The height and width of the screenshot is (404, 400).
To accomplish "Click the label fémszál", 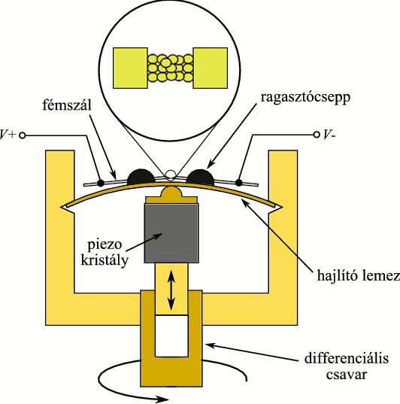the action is tap(67, 105).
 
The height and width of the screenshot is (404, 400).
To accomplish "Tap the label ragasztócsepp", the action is tap(305, 98).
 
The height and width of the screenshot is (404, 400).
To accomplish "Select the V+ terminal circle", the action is tap(23, 135).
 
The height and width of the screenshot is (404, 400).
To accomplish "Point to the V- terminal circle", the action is tap(317, 135).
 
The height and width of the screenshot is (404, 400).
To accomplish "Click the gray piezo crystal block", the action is tap(171, 233).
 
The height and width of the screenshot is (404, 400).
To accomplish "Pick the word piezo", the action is tap(105, 245).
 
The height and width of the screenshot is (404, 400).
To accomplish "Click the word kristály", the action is tap(105, 260).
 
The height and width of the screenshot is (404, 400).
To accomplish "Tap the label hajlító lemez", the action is tap(359, 275).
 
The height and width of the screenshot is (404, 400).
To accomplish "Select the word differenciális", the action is tap(347, 358).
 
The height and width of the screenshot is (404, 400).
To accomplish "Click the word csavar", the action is tap(347, 374).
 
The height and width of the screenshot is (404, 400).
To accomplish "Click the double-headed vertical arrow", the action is tap(171, 291).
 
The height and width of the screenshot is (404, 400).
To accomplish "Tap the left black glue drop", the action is tap(141, 177).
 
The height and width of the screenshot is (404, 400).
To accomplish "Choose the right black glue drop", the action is tap(200, 177).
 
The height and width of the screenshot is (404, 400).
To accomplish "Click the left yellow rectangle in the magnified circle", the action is tap(130, 68).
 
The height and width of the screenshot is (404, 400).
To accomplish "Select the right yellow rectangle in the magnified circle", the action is tap(211, 68).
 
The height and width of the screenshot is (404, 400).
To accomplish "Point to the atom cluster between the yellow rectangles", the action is tap(170, 68).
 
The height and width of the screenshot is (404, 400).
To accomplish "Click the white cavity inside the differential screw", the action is tap(171, 336).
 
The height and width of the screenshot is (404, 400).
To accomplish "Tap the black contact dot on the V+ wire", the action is tap(101, 183).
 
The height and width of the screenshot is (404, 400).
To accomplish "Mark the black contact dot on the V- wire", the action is tap(239, 182).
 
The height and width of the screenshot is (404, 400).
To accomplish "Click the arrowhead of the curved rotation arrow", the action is tap(163, 399).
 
